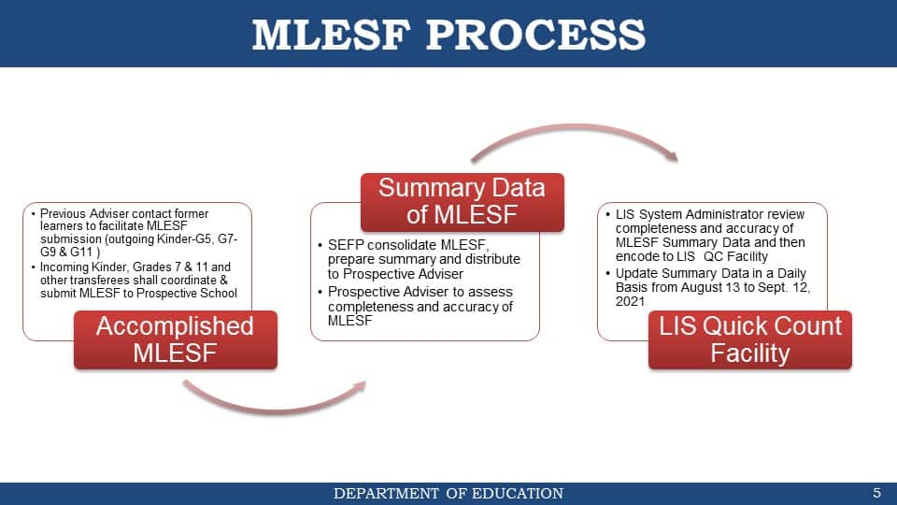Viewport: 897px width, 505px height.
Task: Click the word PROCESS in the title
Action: click(536, 35)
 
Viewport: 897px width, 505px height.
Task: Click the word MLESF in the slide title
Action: click(331, 35)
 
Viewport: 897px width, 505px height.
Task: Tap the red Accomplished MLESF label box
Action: click(176, 339)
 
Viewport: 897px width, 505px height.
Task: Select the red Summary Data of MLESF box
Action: click(463, 202)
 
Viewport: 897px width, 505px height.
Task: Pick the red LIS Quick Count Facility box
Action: click(750, 339)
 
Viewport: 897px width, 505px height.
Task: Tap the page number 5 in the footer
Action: click(877, 493)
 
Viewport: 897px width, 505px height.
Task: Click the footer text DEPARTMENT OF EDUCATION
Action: click(448, 493)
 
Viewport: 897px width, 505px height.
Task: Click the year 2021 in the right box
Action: click(630, 301)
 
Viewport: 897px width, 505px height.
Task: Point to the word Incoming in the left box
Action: click(64, 267)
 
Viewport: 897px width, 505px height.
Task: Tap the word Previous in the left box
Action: click(63, 213)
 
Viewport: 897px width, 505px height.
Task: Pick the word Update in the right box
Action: click(634, 274)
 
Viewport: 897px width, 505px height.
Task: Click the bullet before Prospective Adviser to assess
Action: click(320, 292)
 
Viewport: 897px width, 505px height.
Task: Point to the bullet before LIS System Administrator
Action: click(607, 214)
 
